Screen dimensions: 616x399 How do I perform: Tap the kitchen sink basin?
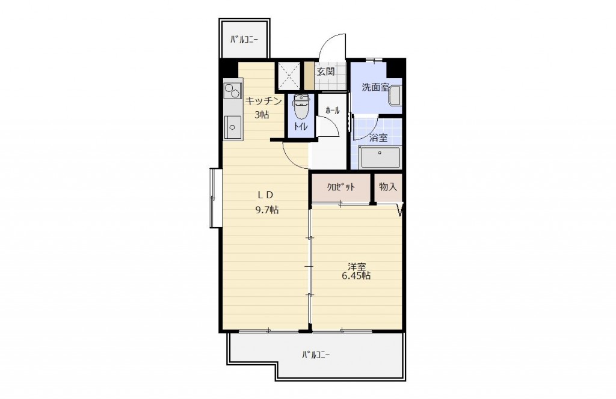pos(232,127)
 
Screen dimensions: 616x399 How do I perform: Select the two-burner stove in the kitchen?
pos(232,91)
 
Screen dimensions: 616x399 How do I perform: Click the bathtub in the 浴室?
pos(380,157)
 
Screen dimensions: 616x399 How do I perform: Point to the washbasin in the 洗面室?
pos(395,96)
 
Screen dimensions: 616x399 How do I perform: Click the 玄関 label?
pos(325,72)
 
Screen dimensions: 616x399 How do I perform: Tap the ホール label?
pos(332,111)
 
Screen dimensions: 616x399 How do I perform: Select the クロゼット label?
pos(341,187)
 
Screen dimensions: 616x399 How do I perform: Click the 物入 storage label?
pos(388,187)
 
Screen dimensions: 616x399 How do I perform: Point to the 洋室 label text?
pos(356,267)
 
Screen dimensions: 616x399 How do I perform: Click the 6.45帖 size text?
pos(356,276)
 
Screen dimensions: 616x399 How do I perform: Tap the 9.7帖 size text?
pos(266,210)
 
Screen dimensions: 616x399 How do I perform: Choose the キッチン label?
pos(263,101)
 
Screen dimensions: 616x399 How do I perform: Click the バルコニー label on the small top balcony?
pos(244,39)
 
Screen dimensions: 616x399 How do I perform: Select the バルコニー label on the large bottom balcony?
pos(316,355)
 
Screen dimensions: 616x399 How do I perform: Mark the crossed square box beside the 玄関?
pos(289,75)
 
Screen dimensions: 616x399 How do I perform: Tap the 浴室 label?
pos(379,138)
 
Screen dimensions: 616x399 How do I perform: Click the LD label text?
pos(265,194)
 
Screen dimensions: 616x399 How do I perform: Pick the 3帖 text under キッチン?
pos(262,115)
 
